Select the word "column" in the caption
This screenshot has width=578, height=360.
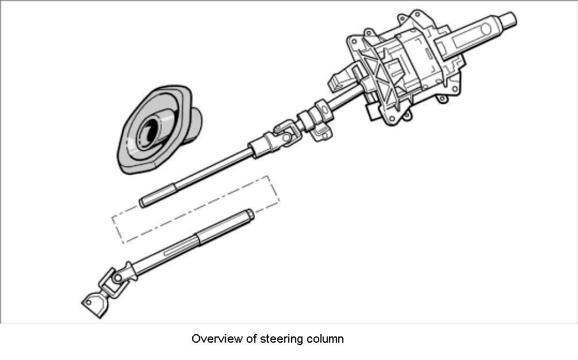click(x=324, y=339)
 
